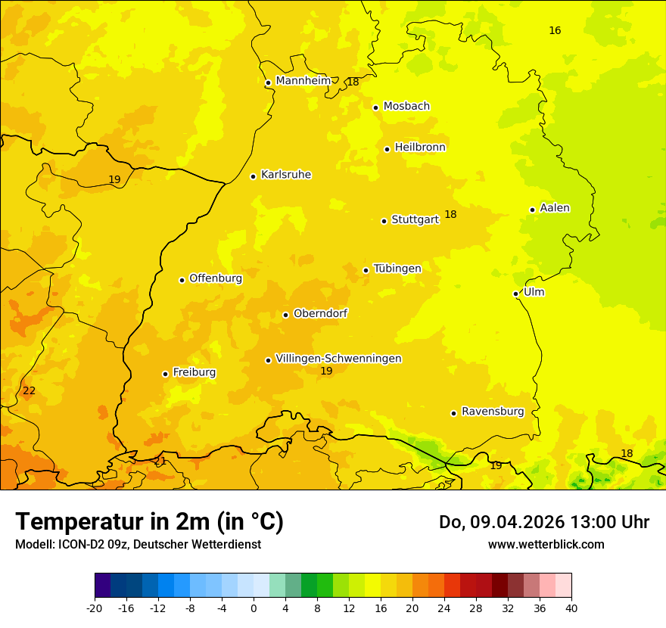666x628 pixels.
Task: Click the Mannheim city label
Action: click(x=303, y=81)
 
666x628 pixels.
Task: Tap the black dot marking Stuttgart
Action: click(x=384, y=221)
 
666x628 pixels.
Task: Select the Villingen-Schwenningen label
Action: click(x=338, y=359)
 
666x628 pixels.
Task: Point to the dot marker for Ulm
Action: click(x=515, y=294)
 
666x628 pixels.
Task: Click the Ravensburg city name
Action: click(x=493, y=412)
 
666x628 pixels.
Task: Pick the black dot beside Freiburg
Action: click(x=165, y=374)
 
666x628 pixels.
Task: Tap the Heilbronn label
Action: click(x=420, y=148)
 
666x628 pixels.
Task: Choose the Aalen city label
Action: click(x=555, y=208)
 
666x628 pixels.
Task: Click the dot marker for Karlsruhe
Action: click(x=253, y=176)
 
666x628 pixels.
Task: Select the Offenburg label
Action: click(x=216, y=278)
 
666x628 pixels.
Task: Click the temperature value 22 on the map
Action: click(x=29, y=391)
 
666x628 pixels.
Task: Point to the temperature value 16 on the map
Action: click(x=555, y=31)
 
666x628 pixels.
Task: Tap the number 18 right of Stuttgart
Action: click(x=450, y=215)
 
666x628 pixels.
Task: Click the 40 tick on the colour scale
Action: click(x=571, y=608)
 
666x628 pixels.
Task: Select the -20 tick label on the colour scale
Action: click(x=95, y=608)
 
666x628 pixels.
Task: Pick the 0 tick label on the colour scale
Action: click(x=254, y=608)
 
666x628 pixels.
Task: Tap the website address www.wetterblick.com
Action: click(x=546, y=545)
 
